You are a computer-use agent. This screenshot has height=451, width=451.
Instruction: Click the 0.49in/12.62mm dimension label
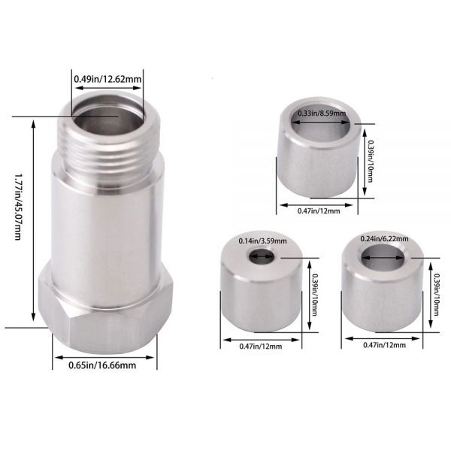tap(107, 79)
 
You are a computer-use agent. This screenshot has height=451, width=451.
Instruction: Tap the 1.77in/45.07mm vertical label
tap(18, 206)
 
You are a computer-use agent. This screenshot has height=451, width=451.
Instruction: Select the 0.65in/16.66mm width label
tap(102, 365)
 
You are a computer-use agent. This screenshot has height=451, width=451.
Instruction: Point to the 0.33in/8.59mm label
tap(322, 113)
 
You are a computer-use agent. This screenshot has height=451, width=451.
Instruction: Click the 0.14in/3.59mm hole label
tap(262, 241)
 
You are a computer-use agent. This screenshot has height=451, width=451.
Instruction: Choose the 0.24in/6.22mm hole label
tap(384, 239)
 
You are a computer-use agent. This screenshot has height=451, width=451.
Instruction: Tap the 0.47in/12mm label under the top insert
tap(319, 210)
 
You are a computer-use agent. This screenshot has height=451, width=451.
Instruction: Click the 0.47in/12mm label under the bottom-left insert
tap(261, 347)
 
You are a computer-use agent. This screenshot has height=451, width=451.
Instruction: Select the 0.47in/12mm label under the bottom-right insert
tap(384, 344)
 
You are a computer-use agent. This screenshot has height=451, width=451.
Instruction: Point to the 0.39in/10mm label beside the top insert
tap(371, 161)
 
